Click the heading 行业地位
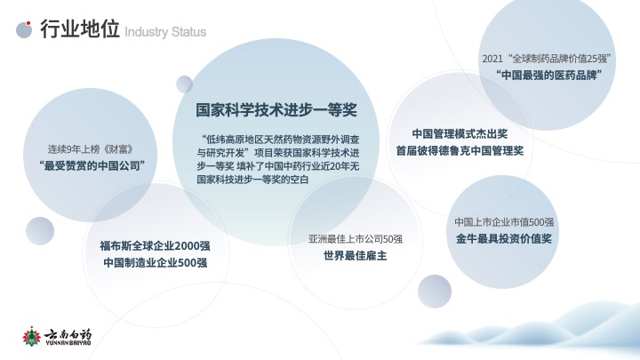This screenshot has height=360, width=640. (x=80, y=29)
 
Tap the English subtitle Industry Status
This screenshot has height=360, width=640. (x=165, y=32)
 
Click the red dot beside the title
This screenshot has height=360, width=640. (x=28, y=23)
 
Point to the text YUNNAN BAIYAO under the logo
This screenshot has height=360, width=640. (x=68, y=343)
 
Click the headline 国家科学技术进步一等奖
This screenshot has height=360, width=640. (x=276, y=110)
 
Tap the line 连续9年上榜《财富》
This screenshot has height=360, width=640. (x=90, y=149)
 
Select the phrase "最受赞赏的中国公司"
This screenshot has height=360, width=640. (x=92, y=165)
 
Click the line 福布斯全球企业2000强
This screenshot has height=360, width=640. (x=155, y=245)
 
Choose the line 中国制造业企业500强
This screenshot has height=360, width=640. (x=155, y=262)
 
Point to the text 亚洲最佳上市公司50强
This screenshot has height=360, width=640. (x=355, y=239)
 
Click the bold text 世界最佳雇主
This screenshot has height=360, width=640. (x=355, y=256)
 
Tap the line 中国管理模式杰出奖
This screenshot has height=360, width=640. (x=460, y=134)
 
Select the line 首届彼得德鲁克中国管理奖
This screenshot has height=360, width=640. (x=460, y=150)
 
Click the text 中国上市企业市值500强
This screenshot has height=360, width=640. (x=504, y=222)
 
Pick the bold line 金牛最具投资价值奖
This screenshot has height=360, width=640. (x=504, y=239)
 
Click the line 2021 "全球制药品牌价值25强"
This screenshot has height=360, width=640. (x=547, y=59)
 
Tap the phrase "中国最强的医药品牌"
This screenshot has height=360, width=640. (x=549, y=75)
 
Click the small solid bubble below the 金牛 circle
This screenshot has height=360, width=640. (x=435, y=292)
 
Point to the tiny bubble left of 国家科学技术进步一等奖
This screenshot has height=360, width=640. (x=185, y=84)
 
